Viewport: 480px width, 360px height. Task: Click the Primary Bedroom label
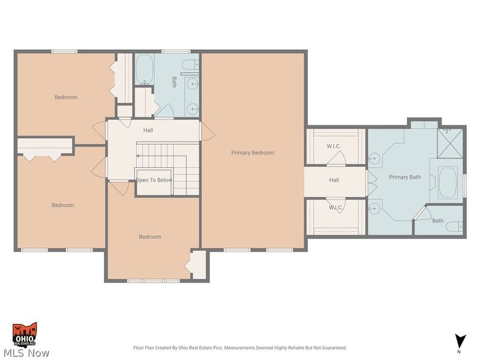click(x=253, y=153)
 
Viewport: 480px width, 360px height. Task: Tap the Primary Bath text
click(x=405, y=177)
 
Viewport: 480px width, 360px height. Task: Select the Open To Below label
click(x=154, y=180)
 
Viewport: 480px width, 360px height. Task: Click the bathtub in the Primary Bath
click(x=448, y=183)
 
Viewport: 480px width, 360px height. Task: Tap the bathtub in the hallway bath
click(x=144, y=70)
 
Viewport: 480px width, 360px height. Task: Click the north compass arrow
click(x=460, y=341)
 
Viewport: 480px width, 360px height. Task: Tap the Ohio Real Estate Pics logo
click(x=25, y=334)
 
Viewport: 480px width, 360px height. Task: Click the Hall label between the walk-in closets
click(x=334, y=180)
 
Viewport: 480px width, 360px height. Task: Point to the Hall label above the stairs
click(x=148, y=130)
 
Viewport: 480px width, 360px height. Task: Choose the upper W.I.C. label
click(x=334, y=146)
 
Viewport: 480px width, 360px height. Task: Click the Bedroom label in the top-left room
click(x=66, y=97)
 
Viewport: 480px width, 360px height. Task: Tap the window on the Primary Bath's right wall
click(x=464, y=184)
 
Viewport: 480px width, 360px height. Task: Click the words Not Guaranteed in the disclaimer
click(x=331, y=348)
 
